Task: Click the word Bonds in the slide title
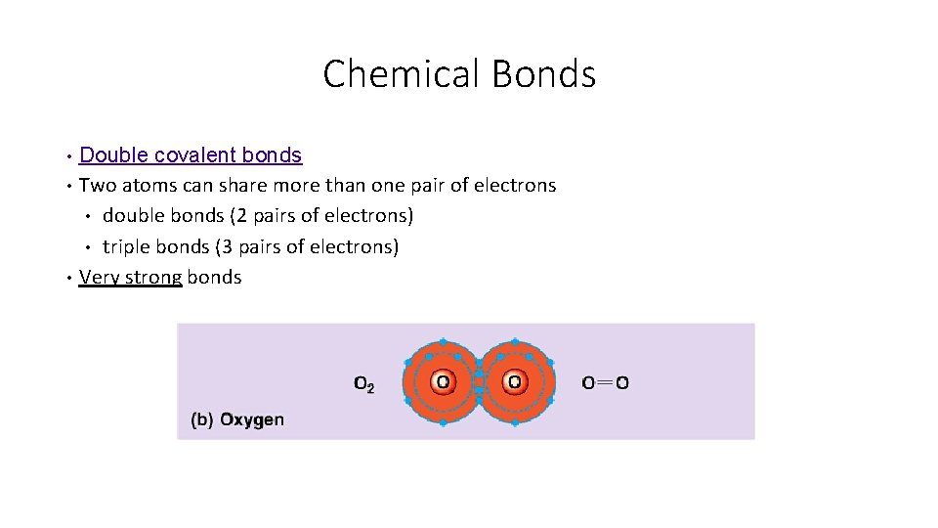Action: pyautogui.click(x=543, y=74)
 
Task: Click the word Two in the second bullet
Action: pyautogui.click(x=96, y=185)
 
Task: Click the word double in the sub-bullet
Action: pyautogui.click(x=134, y=215)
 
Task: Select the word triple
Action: pyautogui.click(x=127, y=246)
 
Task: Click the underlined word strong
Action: pyautogui.click(x=154, y=277)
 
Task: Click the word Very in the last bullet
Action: pyautogui.click(x=98, y=277)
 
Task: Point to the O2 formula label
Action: pyautogui.click(x=363, y=384)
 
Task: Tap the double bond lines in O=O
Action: pyautogui.click(x=606, y=383)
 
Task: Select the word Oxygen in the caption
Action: pyautogui.click(x=252, y=420)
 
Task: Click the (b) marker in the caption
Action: pyautogui.click(x=202, y=420)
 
